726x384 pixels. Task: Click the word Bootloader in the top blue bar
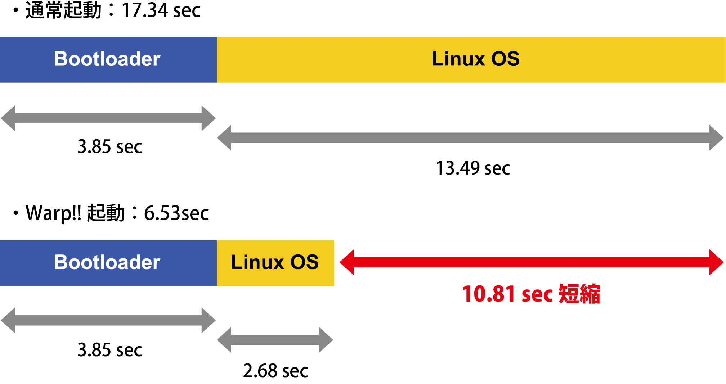click(x=107, y=59)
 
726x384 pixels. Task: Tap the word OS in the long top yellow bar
click(x=506, y=59)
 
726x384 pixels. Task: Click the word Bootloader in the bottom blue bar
click(x=107, y=262)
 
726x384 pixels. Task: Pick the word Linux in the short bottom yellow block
click(x=257, y=262)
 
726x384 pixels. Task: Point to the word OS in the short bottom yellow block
click(x=305, y=262)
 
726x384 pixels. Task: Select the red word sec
click(x=537, y=294)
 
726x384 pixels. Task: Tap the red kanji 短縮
click(x=579, y=294)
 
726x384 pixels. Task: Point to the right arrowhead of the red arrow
click(x=716, y=262)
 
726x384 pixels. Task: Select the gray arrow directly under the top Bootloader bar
click(x=108, y=118)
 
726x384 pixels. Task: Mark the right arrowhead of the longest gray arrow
click(x=716, y=138)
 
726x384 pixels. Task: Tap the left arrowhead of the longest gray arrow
click(x=224, y=138)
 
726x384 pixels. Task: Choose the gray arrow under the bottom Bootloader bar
click(x=108, y=320)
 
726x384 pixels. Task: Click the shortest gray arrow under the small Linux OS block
click(x=275, y=340)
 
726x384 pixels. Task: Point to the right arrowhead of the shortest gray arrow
click(x=326, y=340)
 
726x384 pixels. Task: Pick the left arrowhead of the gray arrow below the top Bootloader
click(x=8, y=118)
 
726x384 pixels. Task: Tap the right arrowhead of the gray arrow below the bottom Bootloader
click(x=208, y=320)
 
